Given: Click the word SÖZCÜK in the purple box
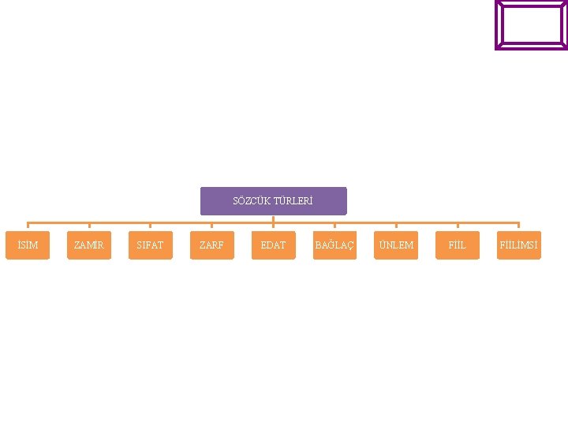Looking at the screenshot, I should pyautogui.click(x=250, y=201).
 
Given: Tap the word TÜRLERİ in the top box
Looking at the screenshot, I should pyautogui.click(x=293, y=201).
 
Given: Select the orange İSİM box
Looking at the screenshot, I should pyautogui.click(x=28, y=245).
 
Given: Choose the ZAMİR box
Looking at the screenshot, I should pyautogui.click(x=88, y=245).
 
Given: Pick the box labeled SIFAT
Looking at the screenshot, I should pyautogui.click(x=150, y=245).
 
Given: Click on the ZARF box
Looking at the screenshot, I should pyautogui.click(x=211, y=245).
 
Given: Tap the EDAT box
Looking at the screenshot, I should pyautogui.click(x=273, y=245).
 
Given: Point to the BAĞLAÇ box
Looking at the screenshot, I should pyautogui.click(x=334, y=245).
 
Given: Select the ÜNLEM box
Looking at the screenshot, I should pyautogui.click(x=396, y=245).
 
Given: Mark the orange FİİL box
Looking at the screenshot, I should pyautogui.click(x=458, y=245).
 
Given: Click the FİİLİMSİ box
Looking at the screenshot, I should pyautogui.click(x=519, y=245).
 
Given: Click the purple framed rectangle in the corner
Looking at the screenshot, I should pyautogui.click(x=531, y=25).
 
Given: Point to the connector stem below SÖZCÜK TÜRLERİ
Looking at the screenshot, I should pyautogui.click(x=273, y=219).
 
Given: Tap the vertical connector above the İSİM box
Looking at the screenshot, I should pyautogui.click(x=28, y=227).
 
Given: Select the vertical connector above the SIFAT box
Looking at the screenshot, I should pyautogui.click(x=150, y=227).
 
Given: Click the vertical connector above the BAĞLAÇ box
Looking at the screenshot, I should pyautogui.click(x=334, y=227).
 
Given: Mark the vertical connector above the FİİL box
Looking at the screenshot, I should pyautogui.click(x=458, y=227).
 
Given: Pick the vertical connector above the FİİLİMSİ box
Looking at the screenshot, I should pyautogui.click(x=519, y=227).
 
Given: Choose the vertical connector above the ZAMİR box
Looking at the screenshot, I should pyautogui.click(x=89, y=227).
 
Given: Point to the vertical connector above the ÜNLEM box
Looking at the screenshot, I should pyautogui.click(x=396, y=227).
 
